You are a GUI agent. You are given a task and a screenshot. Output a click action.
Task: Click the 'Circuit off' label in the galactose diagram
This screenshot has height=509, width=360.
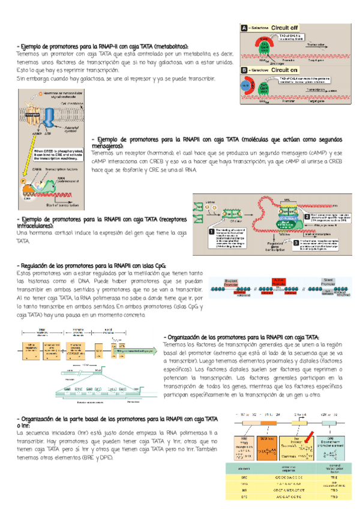pyautogui.click(x=284, y=28)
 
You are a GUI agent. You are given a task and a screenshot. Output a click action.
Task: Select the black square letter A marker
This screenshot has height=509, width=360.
pyautogui.click(x=245, y=28)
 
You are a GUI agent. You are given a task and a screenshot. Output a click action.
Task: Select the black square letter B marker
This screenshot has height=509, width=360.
pyautogui.click(x=245, y=70)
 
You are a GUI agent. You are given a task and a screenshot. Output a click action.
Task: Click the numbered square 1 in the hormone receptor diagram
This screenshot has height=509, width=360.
pyautogui.click(x=211, y=230)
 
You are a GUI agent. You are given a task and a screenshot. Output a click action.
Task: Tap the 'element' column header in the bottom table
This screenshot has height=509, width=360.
pyautogui.click(x=245, y=468)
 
